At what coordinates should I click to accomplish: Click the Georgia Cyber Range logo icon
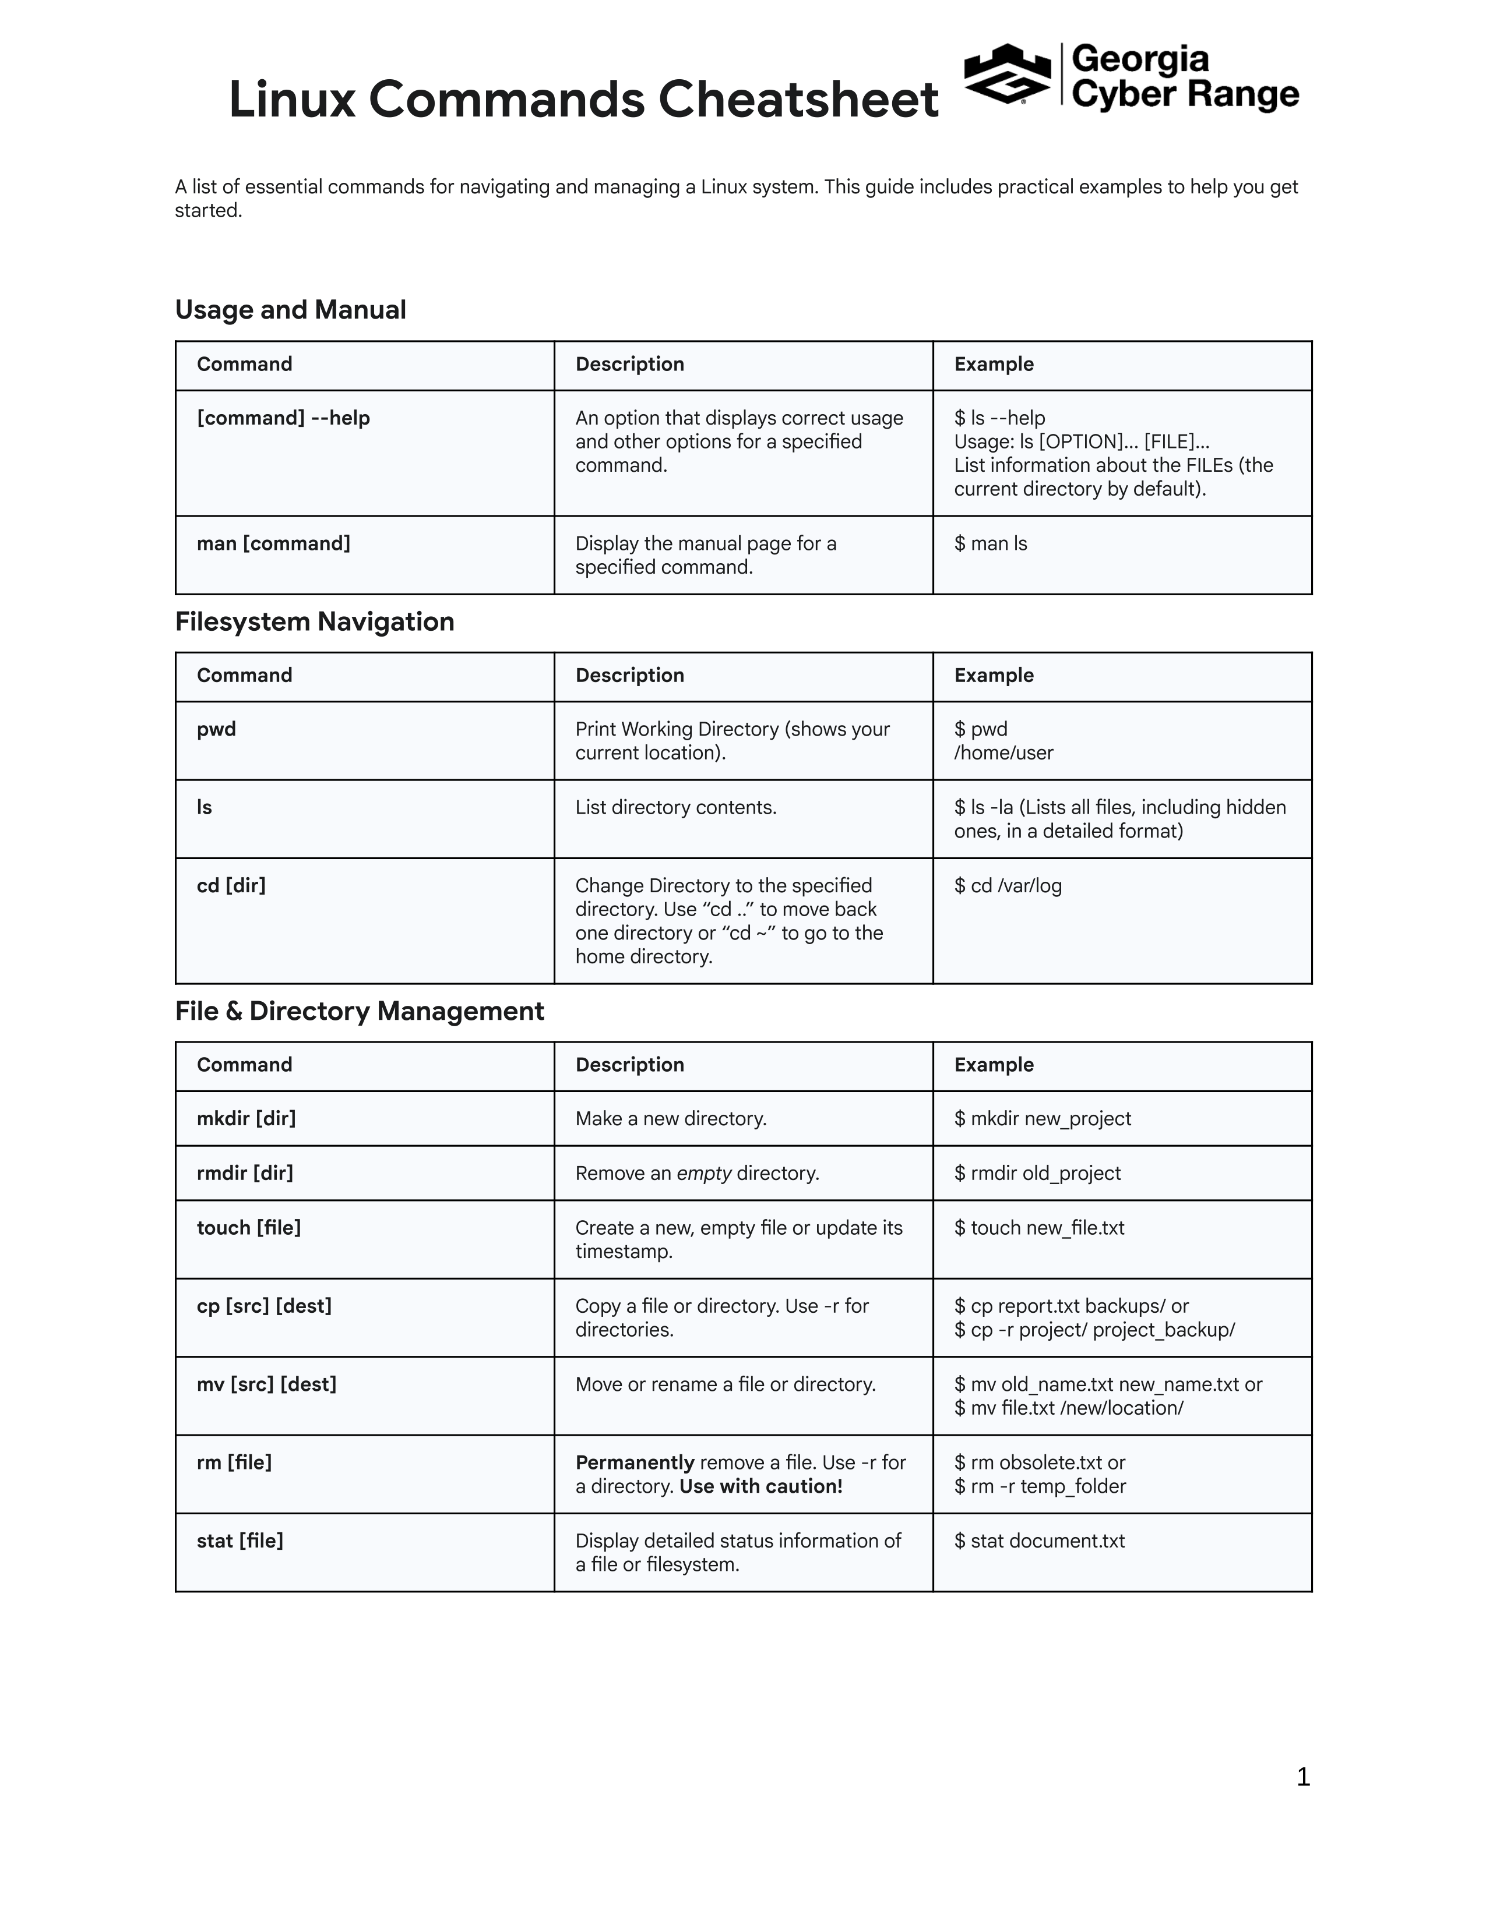point(1007,74)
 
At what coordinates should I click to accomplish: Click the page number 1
point(1303,1777)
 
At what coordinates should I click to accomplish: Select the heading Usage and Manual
point(291,310)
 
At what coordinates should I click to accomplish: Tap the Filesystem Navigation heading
point(314,621)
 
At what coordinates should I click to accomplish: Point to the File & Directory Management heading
point(359,1011)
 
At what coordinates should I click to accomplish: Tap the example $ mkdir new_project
point(1043,1118)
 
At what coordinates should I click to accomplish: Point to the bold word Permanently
point(635,1462)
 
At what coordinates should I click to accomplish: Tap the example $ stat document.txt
point(1040,1541)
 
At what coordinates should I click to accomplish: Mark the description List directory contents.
point(675,808)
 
